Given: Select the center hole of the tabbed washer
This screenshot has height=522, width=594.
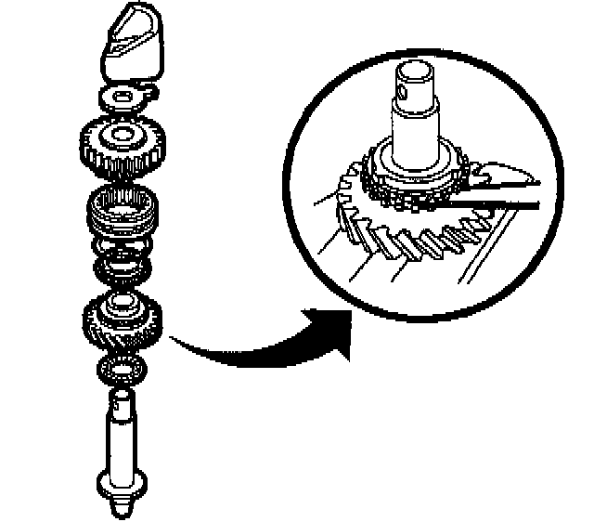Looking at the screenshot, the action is pos(122,97).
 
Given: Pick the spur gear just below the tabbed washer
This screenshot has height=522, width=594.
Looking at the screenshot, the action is pos(122,146).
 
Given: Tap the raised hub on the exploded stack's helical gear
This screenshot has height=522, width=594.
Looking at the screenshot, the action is pos(122,303).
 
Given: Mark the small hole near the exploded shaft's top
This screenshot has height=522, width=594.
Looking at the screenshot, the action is pos(121,402).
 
